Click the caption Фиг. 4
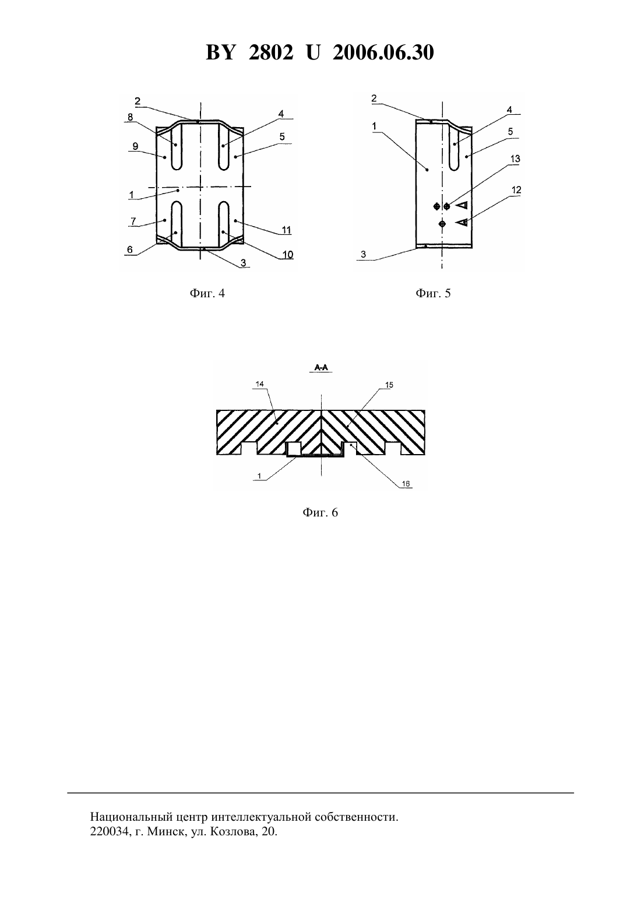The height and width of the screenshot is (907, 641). coord(207,293)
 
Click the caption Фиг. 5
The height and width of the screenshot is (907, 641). coord(432,293)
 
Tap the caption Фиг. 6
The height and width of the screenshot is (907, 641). coord(320,512)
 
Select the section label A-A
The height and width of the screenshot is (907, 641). coord(321,368)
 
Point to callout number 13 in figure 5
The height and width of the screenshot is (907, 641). coord(515,159)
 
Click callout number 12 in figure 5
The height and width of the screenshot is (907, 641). coord(516,190)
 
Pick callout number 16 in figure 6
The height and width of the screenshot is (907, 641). coord(406,483)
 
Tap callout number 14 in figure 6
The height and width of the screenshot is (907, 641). coord(260,384)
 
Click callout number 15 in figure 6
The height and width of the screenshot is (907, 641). coord(389,385)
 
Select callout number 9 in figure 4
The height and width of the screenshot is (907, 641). coord(135,146)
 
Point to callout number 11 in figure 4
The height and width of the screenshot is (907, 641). coord(287,230)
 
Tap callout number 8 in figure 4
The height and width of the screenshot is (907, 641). coord(130,117)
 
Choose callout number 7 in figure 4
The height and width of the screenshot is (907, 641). coord(133,221)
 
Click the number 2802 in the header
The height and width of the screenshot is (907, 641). coord(271,52)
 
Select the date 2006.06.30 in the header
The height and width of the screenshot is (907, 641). coord(383,52)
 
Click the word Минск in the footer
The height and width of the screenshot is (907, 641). coord(165,832)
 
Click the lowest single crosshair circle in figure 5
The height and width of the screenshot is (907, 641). coord(442,223)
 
